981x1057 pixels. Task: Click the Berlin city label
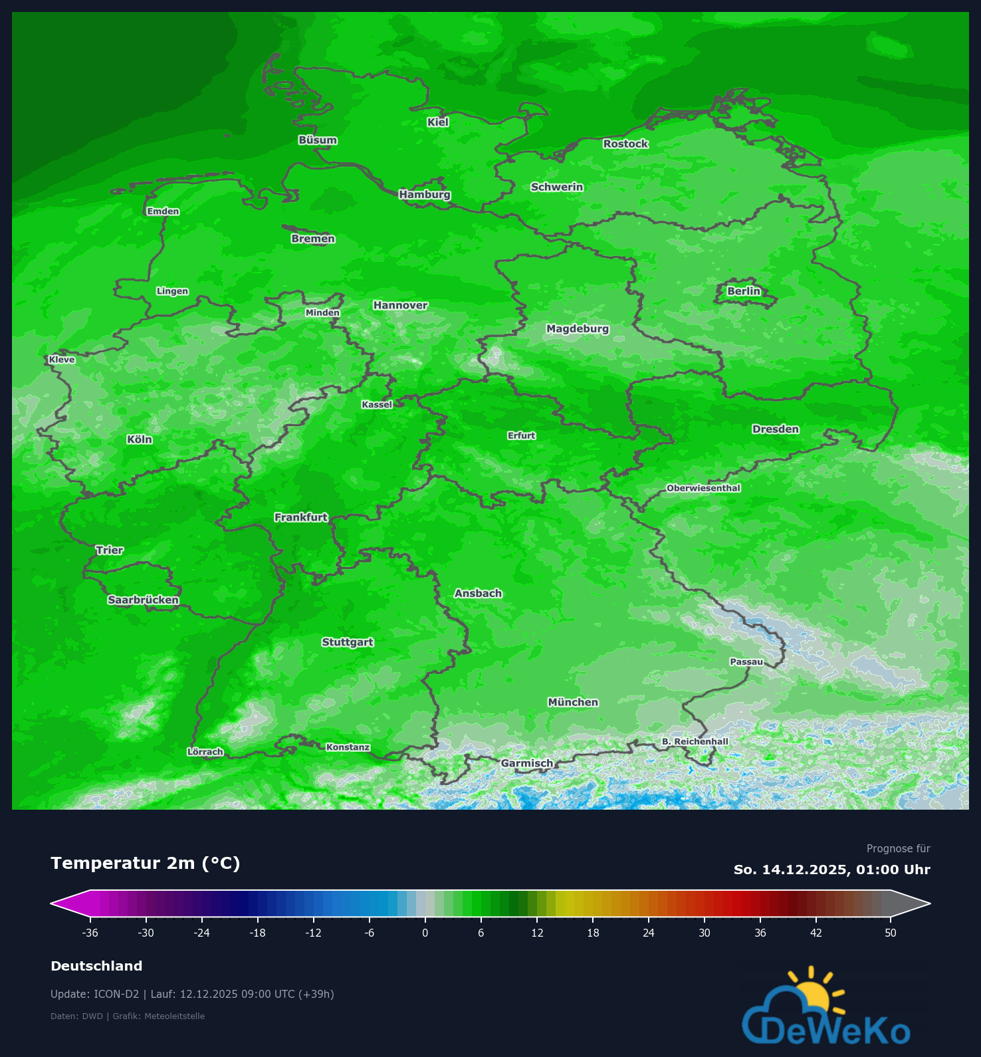(x=743, y=291)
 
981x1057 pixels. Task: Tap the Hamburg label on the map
(x=425, y=195)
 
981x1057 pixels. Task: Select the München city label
(x=573, y=703)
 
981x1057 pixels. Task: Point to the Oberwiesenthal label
(x=703, y=489)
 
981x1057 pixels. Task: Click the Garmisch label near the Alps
(x=526, y=763)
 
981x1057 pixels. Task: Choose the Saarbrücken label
(x=143, y=600)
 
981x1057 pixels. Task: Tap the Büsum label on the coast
(x=318, y=140)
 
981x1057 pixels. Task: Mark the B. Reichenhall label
(x=695, y=742)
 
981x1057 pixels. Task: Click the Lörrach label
(x=205, y=753)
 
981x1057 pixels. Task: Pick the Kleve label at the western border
(x=62, y=360)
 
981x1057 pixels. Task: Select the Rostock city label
(x=625, y=144)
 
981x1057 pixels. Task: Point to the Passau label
(x=746, y=662)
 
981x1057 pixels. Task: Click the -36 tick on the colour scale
(x=90, y=933)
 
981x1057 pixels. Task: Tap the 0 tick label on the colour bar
(x=425, y=933)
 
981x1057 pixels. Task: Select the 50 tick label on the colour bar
(x=890, y=933)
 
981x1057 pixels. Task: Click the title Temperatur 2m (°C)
(x=145, y=864)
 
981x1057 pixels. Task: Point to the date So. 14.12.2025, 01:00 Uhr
(x=831, y=870)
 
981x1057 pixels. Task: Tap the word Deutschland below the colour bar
(x=96, y=967)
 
